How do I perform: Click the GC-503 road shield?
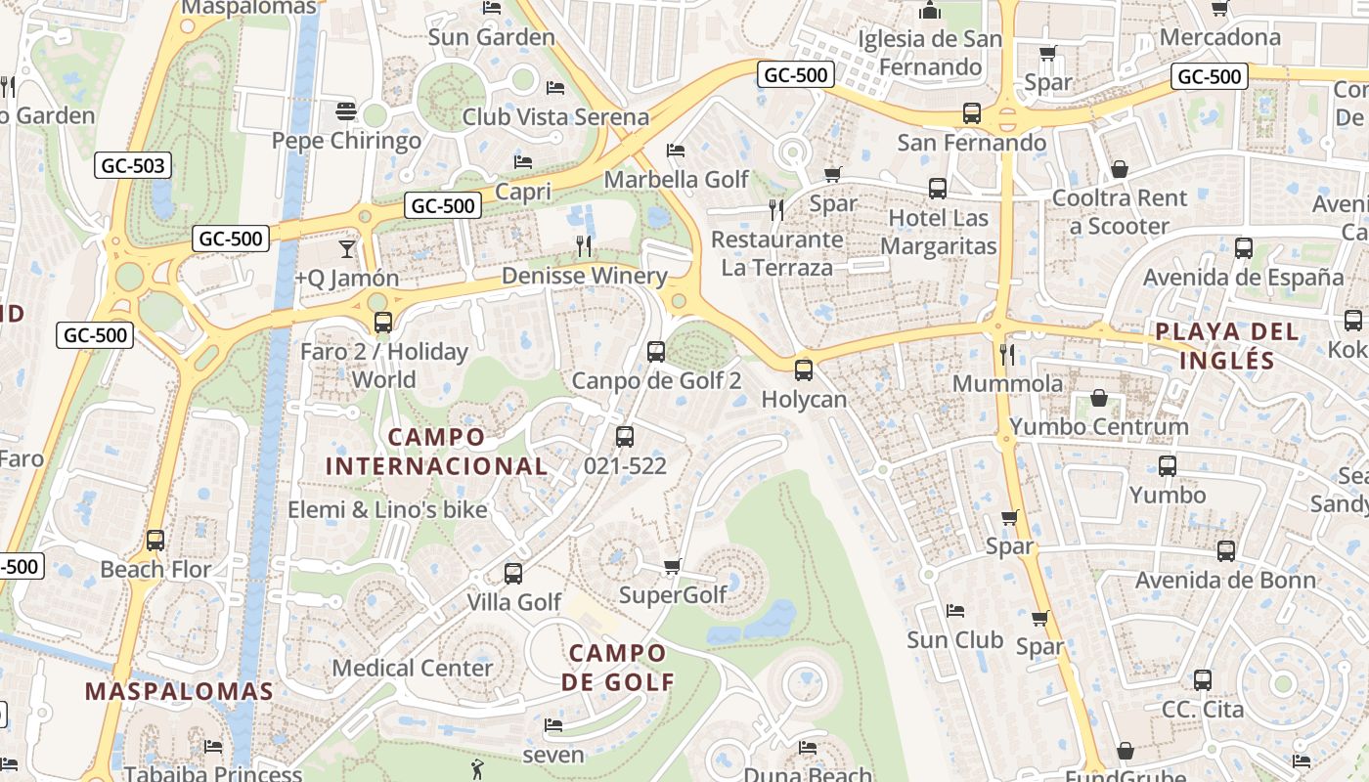coord(133,165)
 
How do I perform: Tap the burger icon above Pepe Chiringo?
coord(345,111)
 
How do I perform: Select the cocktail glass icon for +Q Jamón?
coord(347,249)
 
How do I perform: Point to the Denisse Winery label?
coord(584,276)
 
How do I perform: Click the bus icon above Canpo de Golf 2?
coord(656,351)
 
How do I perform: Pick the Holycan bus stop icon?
coord(804,369)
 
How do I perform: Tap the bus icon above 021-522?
coord(625,437)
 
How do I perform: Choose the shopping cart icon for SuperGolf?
coord(672,567)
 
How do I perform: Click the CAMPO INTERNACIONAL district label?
coord(436,451)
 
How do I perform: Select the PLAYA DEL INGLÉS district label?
coord(1227,345)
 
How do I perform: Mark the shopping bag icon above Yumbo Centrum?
coord(1099,398)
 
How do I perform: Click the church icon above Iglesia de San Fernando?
coord(930,11)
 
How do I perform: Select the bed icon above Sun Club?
coord(955,611)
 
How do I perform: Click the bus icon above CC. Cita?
coord(1203,680)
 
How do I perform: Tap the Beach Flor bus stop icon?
coord(155,540)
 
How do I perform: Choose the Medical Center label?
coord(413,668)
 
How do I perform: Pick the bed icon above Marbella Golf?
coord(675,151)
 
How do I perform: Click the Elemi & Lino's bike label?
coord(387,509)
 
